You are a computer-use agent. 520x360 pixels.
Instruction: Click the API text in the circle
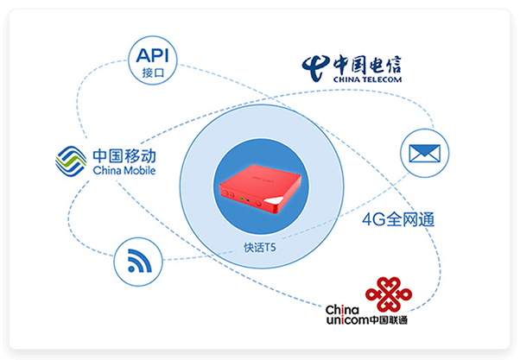tap(153, 55)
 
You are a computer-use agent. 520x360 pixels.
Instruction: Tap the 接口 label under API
tap(153, 73)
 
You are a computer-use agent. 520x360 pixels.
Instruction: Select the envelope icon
tap(424, 153)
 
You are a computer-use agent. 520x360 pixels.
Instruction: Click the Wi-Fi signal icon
tap(139, 261)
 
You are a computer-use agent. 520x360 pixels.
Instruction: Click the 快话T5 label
tap(260, 247)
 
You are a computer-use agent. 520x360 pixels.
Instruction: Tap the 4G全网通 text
tap(398, 219)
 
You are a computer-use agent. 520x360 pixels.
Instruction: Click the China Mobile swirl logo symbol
tap(71, 161)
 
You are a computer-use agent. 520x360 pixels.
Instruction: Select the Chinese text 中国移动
tap(124, 156)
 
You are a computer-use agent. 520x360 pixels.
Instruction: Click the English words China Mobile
tap(124, 170)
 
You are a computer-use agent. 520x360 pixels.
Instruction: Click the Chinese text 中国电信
tap(367, 65)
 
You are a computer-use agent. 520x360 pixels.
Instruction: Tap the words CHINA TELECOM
tap(367, 79)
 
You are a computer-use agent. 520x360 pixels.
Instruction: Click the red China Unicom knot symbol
tap(389, 294)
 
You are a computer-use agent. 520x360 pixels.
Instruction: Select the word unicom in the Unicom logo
tap(347, 320)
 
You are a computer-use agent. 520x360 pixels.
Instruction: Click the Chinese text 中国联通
tap(389, 320)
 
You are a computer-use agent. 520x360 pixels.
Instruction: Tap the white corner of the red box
tap(274, 201)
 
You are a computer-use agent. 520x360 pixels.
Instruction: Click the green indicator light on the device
tap(242, 199)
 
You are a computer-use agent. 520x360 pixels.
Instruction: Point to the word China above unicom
tap(342, 310)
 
